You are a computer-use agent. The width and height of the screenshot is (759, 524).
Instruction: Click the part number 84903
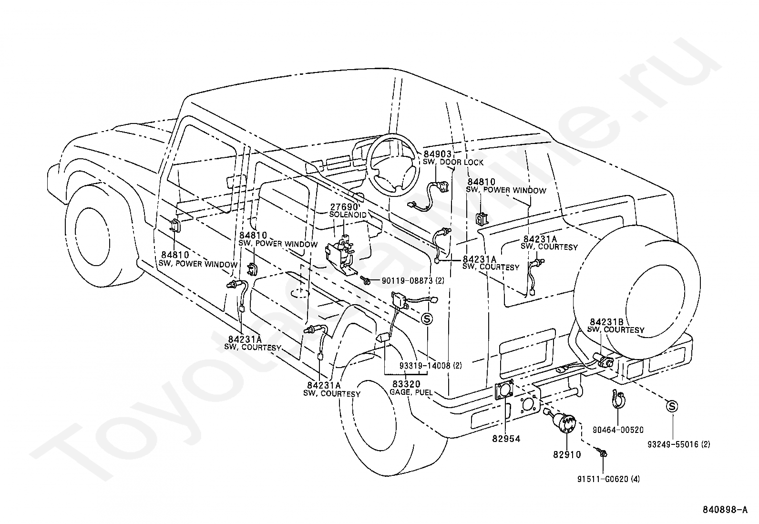(437, 154)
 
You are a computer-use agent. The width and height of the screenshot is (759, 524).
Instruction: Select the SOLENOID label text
(348, 215)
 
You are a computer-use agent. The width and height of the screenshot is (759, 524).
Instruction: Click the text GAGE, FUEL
(410, 393)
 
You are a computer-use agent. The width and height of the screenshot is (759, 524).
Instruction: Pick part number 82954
(506, 439)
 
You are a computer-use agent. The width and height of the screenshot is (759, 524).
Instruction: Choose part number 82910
(567, 455)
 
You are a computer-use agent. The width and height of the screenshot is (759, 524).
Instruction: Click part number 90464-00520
(618, 430)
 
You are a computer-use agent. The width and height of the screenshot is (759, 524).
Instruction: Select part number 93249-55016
(674, 444)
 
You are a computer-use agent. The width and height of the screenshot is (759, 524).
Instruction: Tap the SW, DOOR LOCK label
(453, 163)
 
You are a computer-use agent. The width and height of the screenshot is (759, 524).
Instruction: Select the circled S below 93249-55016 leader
(672, 406)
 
